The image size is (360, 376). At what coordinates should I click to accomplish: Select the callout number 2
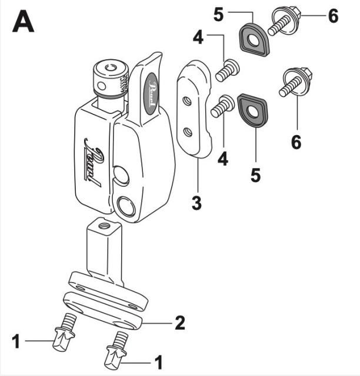(x=180, y=322)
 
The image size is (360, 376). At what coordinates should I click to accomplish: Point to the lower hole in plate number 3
(x=189, y=132)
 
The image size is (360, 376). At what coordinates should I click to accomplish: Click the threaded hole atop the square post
(x=105, y=224)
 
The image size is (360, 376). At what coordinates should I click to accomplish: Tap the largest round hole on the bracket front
(x=128, y=207)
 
